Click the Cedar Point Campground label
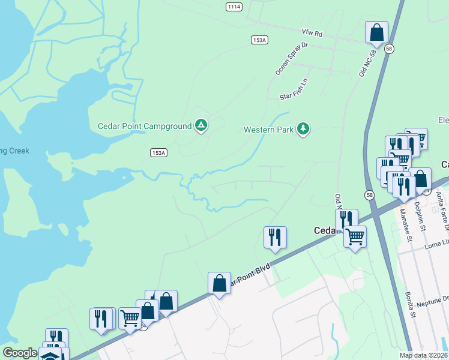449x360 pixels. [145, 126]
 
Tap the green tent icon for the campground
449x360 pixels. [202, 125]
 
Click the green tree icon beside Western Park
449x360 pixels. [304, 128]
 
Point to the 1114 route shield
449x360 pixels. [235, 7]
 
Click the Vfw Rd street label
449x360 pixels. [312, 34]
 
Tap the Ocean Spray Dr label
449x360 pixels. [291, 58]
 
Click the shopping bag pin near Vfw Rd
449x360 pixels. [376, 32]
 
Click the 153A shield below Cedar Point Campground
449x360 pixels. [158, 153]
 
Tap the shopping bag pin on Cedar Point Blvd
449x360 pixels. [219, 283]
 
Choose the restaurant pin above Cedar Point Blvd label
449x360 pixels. [275, 237]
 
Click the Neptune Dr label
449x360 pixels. [437, 298]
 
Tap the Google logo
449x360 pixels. [19, 353]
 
